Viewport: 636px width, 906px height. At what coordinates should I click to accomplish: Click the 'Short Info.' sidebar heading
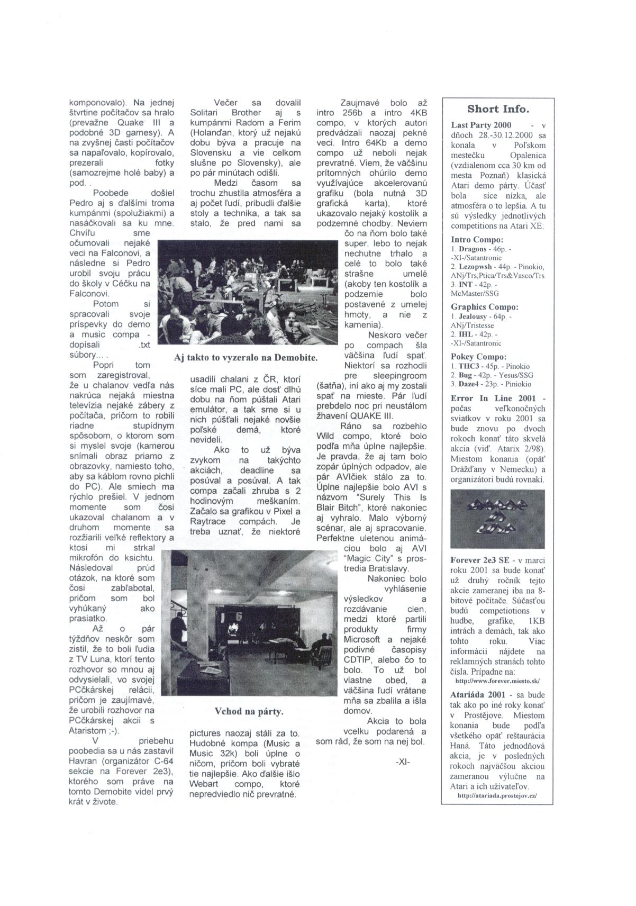[497, 110]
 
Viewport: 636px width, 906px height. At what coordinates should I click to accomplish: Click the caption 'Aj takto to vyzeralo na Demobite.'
[246, 358]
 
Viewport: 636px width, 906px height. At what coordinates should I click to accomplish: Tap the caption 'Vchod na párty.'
[249, 711]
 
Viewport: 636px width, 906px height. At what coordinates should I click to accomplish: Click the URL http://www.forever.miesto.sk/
[497, 681]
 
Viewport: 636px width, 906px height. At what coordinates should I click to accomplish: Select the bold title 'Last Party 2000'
[481, 125]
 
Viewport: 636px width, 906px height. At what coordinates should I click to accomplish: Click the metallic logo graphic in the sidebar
[497, 519]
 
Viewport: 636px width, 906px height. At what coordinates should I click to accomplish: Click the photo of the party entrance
[249, 622]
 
